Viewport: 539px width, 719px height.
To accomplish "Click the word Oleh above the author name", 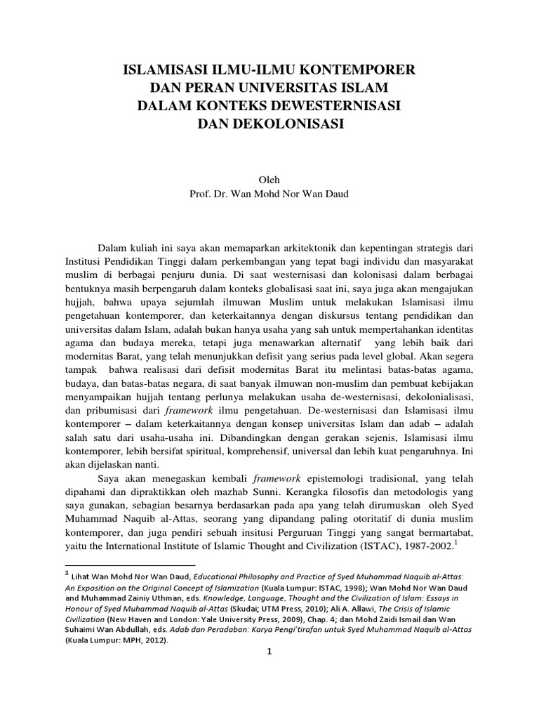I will pyautogui.click(x=269, y=180).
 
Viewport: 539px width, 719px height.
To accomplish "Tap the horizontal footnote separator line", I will pyautogui.click(x=131, y=565).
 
